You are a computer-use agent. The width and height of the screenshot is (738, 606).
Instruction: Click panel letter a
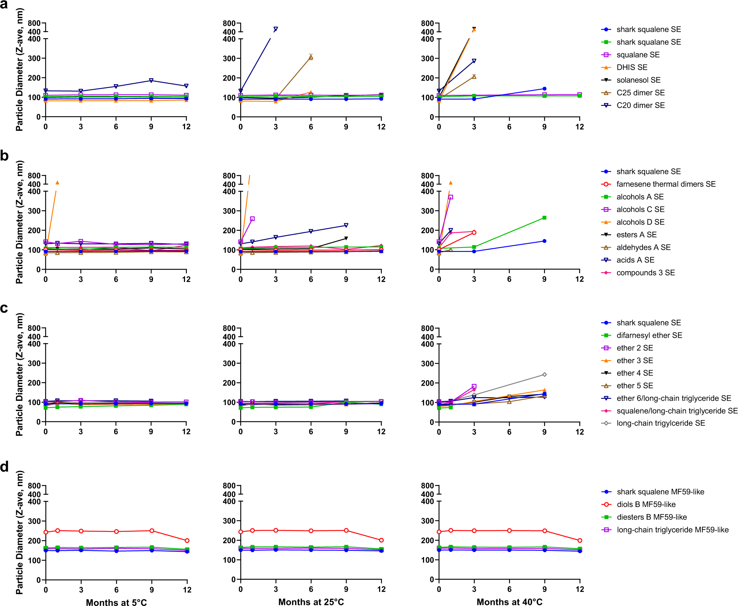coord(4,5)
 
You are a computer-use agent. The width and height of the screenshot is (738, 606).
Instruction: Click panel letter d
coord(4,467)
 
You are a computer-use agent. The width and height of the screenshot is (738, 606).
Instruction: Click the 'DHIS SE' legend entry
coord(632,67)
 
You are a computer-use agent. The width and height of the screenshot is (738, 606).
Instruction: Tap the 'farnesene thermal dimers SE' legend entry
coord(666,184)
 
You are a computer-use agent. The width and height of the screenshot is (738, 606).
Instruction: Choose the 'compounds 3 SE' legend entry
coord(645,273)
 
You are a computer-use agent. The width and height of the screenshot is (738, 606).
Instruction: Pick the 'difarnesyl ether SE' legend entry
coord(649,335)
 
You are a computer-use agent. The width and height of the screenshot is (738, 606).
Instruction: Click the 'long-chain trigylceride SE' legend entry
coord(661,423)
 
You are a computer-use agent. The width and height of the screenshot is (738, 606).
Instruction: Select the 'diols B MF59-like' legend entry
coord(646,504)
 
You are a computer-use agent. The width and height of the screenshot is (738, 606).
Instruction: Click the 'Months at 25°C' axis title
coord(311,602)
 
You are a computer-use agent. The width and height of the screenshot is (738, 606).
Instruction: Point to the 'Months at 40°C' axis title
coord(509,602)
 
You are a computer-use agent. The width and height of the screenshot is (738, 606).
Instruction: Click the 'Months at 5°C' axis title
coord(116,602)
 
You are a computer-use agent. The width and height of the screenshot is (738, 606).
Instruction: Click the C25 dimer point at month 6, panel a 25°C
coord(311,57)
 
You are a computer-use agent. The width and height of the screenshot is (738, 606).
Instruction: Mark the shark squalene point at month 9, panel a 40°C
coord(544,89)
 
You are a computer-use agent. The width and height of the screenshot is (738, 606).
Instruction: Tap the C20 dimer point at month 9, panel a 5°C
coord(151,80)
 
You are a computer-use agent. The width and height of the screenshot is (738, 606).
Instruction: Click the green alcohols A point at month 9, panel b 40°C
coord(544,218)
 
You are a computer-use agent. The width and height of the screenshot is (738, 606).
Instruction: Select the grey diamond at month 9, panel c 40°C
coord(544,374)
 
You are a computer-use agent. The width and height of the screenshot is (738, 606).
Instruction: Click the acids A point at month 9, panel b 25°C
coord(346,225)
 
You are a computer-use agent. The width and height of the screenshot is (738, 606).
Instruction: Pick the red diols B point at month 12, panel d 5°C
coord(187,540)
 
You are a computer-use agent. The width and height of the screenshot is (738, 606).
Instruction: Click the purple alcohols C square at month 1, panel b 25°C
coord(252,219)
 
